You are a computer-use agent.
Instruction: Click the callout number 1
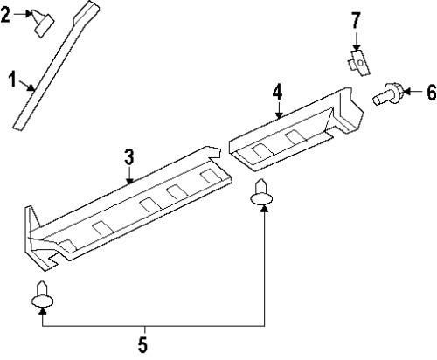(x=12, y=82)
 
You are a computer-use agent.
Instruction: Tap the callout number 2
(x=7, y=15)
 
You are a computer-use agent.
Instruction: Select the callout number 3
(x=128, y=157)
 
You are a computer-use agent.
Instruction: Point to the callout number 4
(x=277, y=91)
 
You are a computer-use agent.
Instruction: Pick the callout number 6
(x=430, y=91)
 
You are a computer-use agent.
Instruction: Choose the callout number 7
(x=356, y=18)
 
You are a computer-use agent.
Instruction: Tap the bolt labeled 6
(x=386, y=92)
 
